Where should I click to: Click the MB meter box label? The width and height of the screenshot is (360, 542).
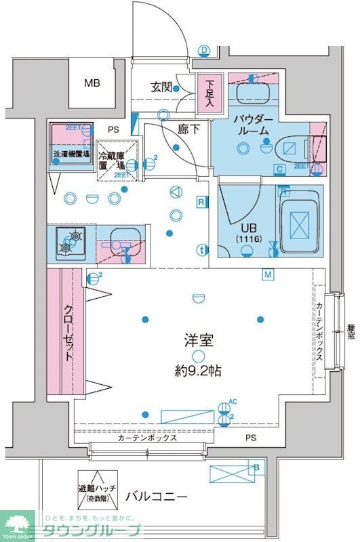click(92, 83)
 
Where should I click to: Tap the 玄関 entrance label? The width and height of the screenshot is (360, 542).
click(161, 87)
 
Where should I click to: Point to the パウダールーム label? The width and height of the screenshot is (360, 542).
click(253, 125)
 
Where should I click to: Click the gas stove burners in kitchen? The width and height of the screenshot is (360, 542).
click(70, 243)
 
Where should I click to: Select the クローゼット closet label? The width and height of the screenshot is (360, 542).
click(69, 331)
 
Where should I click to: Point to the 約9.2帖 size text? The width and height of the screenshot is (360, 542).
click(197, 371)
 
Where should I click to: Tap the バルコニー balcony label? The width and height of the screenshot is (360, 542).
click(156, 497)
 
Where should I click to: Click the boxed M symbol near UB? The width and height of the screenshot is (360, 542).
click(268, 274)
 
